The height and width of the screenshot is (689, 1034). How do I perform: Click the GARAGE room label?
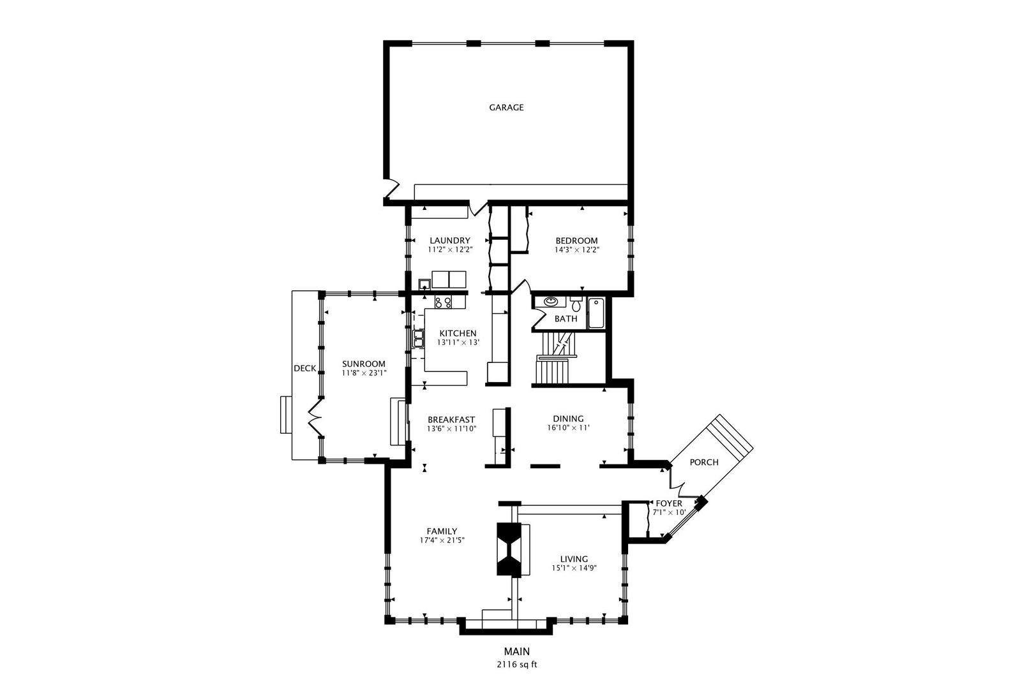point(506,108)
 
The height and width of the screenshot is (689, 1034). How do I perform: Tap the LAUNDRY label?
point(449,241)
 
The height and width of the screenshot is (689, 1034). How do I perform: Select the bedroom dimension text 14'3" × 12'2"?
point(576,250)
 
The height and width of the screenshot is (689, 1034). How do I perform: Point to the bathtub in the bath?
point(596,313)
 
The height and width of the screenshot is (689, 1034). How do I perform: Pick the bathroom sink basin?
point(551,302)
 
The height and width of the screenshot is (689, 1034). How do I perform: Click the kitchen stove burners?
point(443,303)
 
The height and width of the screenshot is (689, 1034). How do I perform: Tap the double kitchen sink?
point(419,338)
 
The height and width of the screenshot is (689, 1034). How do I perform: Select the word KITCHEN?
point(458,333)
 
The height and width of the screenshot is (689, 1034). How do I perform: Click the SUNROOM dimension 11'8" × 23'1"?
point(364,373)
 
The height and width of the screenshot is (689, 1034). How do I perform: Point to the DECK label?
point(305,368)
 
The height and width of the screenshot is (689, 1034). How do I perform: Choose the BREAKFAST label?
point(451,420)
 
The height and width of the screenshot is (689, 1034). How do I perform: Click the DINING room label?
point(568,419)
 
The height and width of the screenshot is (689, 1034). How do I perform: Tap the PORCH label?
point(704,462)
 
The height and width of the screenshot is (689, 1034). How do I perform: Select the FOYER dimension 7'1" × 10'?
point(669,512)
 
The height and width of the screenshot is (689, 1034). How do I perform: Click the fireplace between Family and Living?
point(509,549)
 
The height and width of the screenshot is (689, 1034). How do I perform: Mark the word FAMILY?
point(442,531)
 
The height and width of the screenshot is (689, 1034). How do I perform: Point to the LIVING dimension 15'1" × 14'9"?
point(574,568)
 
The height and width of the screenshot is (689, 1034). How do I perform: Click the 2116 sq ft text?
point(517,665)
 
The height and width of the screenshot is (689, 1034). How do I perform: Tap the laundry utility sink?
point(424,284)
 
